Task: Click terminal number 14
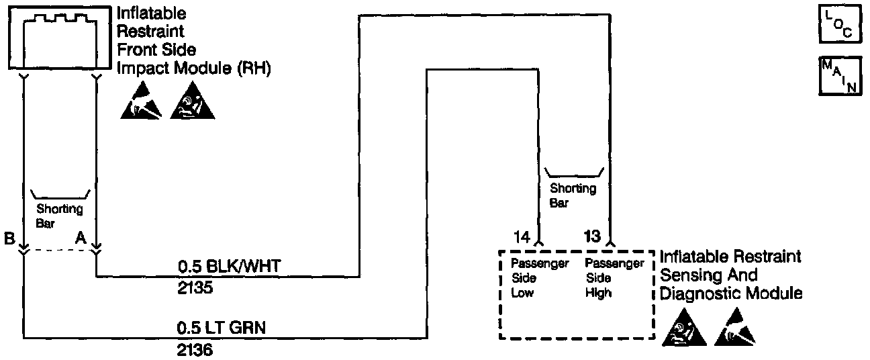click(522, 236)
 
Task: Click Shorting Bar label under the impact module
click(60, 216)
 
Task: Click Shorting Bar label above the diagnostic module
click(573, 195)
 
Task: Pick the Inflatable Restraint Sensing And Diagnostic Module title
click(731, 275)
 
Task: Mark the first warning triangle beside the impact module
click(142, 104)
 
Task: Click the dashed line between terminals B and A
click(60, 251)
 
